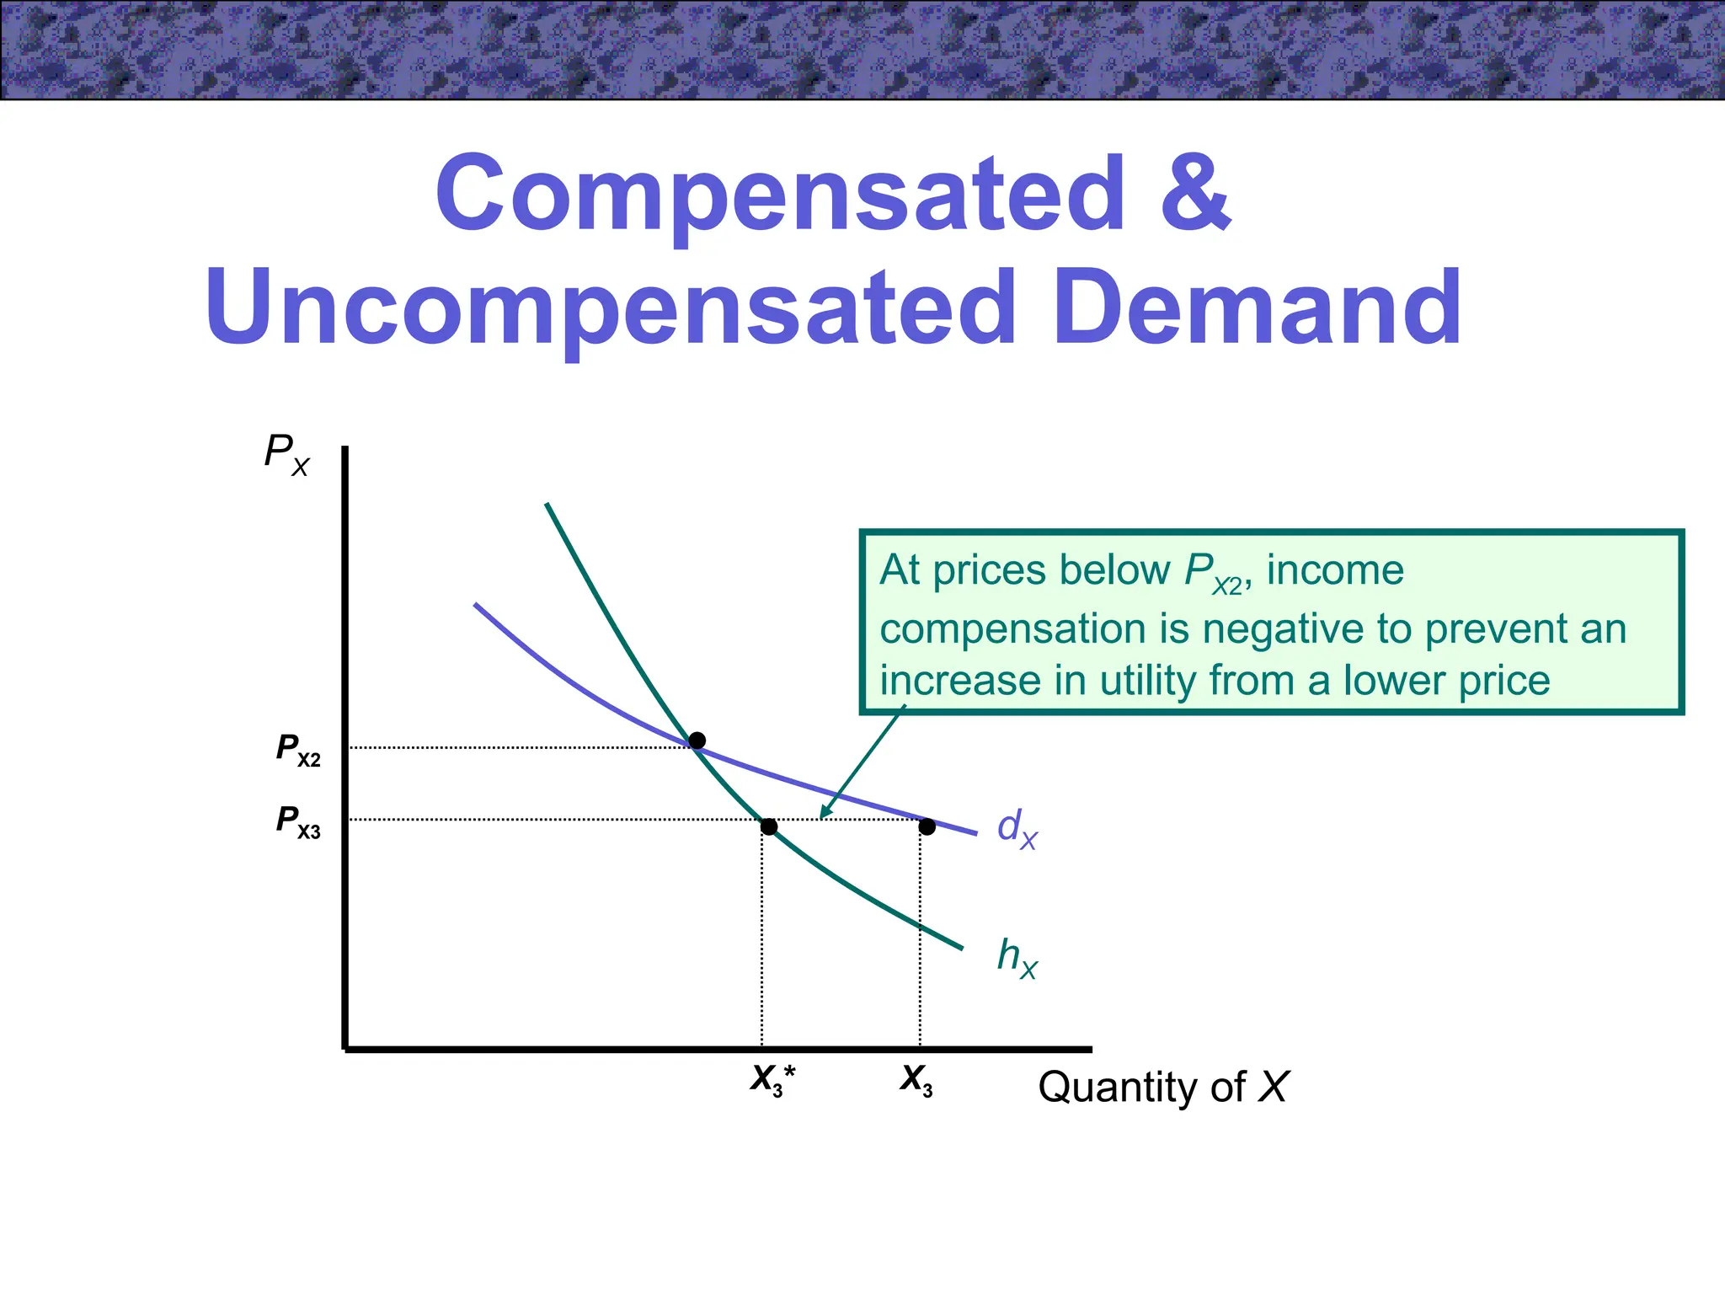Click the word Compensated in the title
(779, 194)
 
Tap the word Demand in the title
(1257, 307)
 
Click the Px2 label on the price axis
(298, 749)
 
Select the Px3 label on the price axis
(298, 821)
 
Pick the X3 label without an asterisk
(916, 1080)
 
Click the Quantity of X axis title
(1162, 1087)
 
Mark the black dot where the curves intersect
(697, 741)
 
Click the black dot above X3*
(769, 826)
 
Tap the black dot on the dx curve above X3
(927, 826)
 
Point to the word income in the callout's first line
(1335, 570)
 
